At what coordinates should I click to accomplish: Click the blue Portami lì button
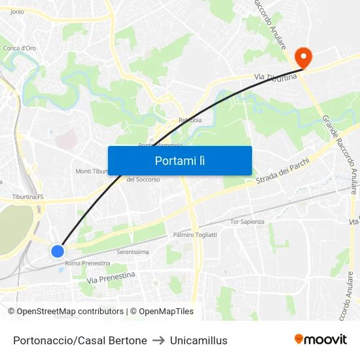(179, 160)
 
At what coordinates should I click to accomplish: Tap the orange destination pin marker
(302, 58)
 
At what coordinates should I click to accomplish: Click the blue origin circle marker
(58, 251)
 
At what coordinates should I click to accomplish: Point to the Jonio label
(17, 12)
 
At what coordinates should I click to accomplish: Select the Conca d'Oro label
(20, 48)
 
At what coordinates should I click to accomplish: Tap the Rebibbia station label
(190, 120)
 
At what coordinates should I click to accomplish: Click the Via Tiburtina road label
(276, 77)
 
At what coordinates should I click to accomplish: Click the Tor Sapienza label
(247, 222)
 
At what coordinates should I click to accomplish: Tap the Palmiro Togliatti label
(194, 234)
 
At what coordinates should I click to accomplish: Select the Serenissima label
(132, 252)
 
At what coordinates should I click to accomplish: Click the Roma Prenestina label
(87, 263)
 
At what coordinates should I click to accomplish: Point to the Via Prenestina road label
(111, 278)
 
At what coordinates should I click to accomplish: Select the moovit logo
(321, 340)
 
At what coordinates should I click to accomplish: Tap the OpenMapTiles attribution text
(161, 312)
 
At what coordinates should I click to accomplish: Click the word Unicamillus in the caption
(198, 340)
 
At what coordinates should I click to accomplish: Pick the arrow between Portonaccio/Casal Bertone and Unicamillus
(158, 340)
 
